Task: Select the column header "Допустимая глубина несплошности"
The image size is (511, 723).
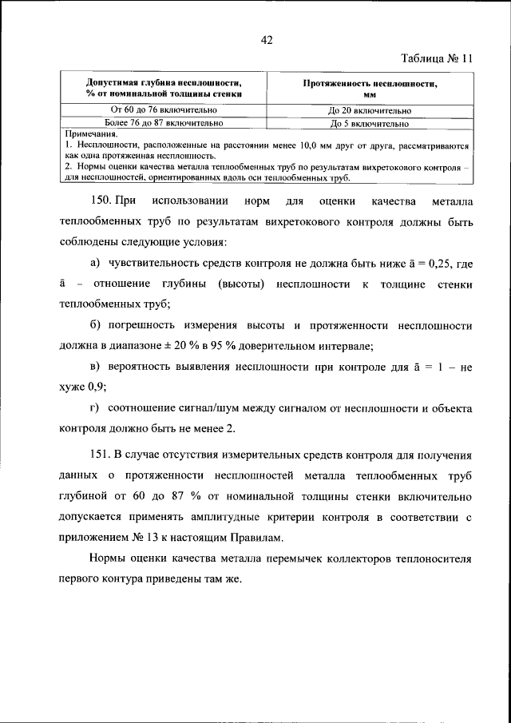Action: click(164, 87)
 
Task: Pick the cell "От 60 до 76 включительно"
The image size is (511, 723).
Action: click(164, 110)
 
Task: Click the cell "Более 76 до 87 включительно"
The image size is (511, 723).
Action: click(164, 123)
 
